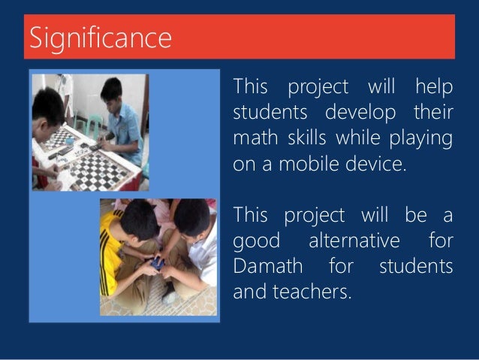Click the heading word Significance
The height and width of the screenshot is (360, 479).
pos(100,38)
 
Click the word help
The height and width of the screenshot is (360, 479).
pos(434,88)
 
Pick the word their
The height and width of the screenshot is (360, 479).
pos(434,114)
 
